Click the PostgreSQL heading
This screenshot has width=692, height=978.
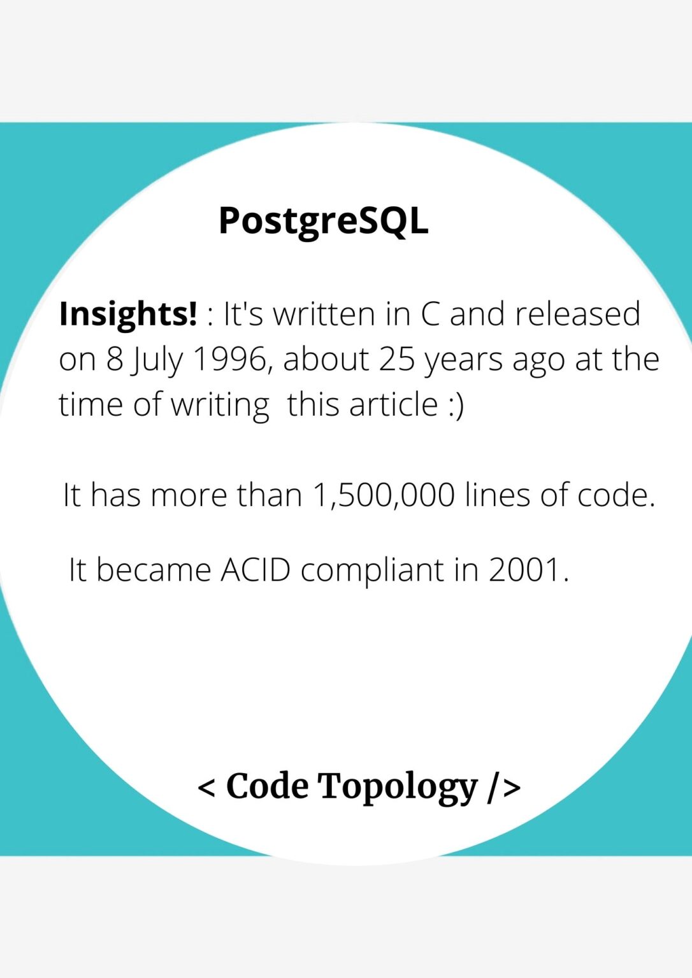pos(323,221)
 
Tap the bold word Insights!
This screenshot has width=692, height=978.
pos(128,314)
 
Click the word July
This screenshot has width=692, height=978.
pos(155,360)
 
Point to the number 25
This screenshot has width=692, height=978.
pos(396,359)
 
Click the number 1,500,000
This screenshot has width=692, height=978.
pos(384,495)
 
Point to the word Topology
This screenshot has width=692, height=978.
pos(398,787)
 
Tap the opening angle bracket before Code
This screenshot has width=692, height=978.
pos(206,787)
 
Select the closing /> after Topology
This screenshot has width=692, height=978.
pos(505,787)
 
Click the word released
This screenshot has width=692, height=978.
pos(577,314)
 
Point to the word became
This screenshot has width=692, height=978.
pos(154,569)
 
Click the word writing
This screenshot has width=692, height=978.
pos(220,406)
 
